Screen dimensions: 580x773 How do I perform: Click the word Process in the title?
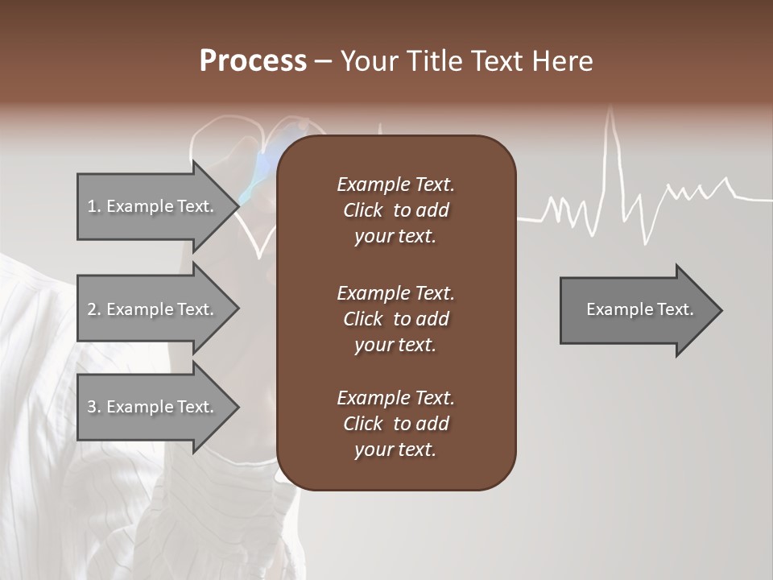253,61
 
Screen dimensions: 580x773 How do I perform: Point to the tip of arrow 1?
238,206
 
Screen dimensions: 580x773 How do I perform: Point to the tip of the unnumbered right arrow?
721,309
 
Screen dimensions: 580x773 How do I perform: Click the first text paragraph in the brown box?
395,210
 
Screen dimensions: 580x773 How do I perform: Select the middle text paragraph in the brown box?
395,318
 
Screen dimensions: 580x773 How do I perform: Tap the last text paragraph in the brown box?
395,424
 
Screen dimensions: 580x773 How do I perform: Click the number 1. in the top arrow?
94,206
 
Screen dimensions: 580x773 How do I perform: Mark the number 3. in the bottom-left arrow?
94,407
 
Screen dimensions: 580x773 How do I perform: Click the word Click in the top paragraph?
362,210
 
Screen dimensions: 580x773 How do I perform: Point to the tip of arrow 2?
238,309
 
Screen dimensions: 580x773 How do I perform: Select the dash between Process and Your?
324,62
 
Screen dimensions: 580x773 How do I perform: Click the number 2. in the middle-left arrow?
94,309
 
